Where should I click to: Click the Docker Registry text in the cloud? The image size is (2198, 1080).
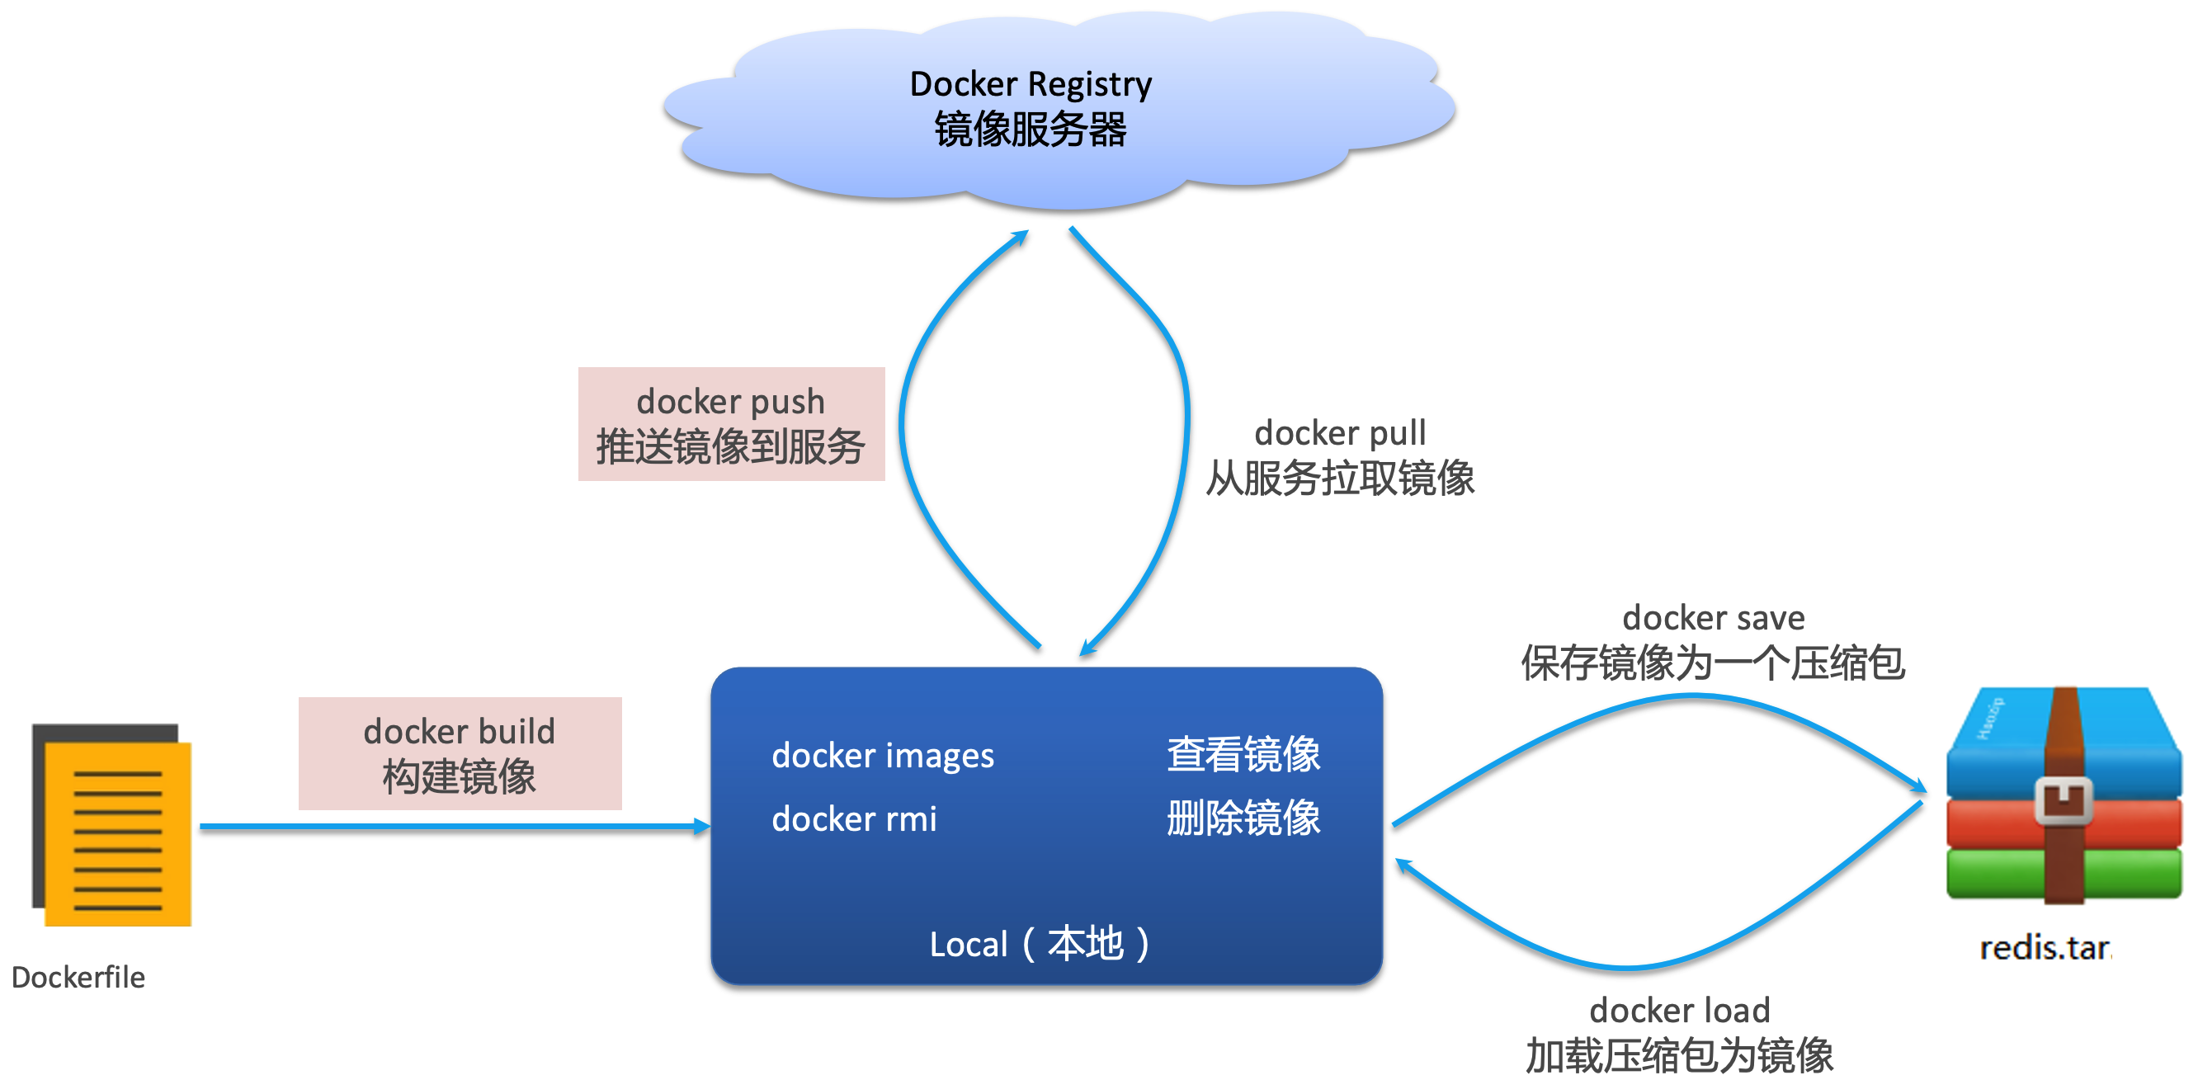tap(1030, 84)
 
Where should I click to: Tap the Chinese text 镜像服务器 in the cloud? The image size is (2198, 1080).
tap(1030, 130)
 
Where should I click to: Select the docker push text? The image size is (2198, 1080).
tap(730, 402)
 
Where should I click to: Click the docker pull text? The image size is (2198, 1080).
tap(1340, 433)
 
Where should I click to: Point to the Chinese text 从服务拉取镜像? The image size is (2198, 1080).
tap(1340, 478)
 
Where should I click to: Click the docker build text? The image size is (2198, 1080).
tap(459, 732)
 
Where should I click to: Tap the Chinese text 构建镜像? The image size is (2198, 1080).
tap(459, 777)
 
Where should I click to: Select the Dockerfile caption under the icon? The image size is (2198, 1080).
tap(78, 978)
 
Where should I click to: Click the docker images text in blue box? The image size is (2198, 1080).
tap(882, 756)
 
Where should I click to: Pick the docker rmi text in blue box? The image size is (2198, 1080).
tap(854, 820)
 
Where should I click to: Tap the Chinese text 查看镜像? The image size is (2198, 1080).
tap(1243, 755)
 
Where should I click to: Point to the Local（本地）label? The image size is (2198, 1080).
tap(1040, 945)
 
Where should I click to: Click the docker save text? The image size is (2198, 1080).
tap(1714, 618)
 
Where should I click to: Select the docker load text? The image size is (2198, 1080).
tap(1679, 1011)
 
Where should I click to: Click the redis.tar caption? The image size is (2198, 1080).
tap(2045, 949)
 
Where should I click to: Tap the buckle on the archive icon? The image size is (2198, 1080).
tap(2064, 800)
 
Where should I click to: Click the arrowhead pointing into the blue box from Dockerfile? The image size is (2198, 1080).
tap(701, 826)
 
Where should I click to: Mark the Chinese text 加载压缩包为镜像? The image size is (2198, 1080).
tap(1679, 1056)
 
